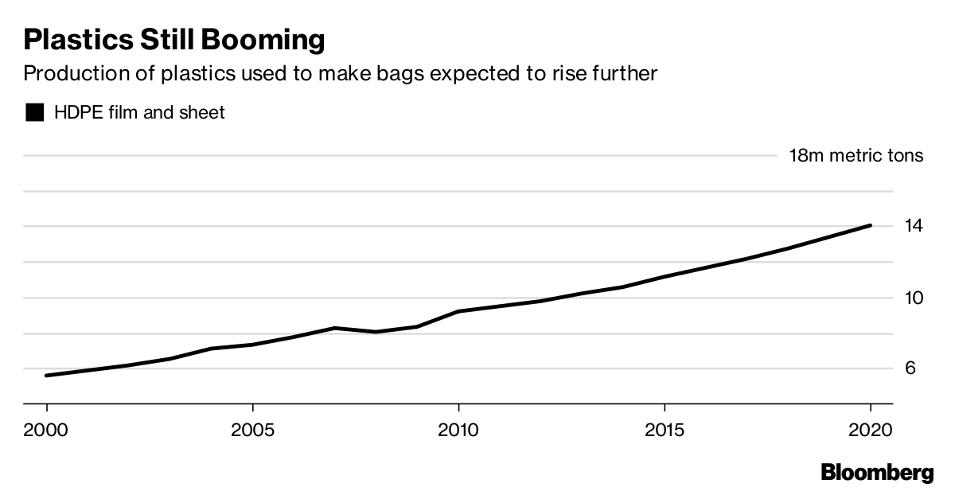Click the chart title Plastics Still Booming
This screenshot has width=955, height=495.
pos(174,39)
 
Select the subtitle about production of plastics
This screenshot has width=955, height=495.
pos(341,74)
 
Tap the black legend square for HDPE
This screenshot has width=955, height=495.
pos(35,113)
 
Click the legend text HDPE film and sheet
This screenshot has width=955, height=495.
pos(139,113)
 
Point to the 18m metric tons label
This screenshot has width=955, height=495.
pos(856,155)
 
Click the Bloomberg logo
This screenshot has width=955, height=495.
pos(877,473)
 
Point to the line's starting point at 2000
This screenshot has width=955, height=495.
pos(47,376)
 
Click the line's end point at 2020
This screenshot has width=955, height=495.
pos(870,225)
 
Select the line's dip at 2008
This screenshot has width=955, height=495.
pos(376,332)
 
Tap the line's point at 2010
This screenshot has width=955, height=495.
pos(458,311)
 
